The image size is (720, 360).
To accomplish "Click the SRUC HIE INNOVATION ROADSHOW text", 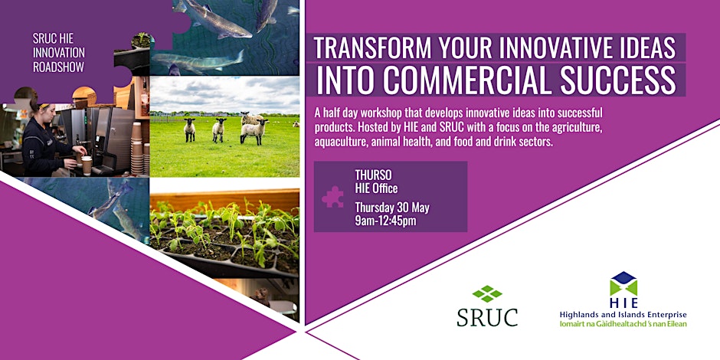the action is click(x=59, y=52).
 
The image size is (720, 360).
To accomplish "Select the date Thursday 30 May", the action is click(x=392, y=208).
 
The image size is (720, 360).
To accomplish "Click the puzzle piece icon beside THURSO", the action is click(x=332, y=197).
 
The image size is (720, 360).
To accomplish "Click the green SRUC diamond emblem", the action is click(x=487, y=294).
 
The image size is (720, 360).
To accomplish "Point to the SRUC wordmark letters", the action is click(x=487, y=317).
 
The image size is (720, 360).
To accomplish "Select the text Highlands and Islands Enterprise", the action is click(x=623, y=315).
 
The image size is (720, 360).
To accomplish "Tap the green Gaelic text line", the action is click(x=623, y=324).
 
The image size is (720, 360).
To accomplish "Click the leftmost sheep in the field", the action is click(x=189, y=130).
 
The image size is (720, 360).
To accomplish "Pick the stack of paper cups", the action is click(x=137, y=149).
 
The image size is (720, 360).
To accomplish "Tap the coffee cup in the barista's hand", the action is click(x=87, y=165).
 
